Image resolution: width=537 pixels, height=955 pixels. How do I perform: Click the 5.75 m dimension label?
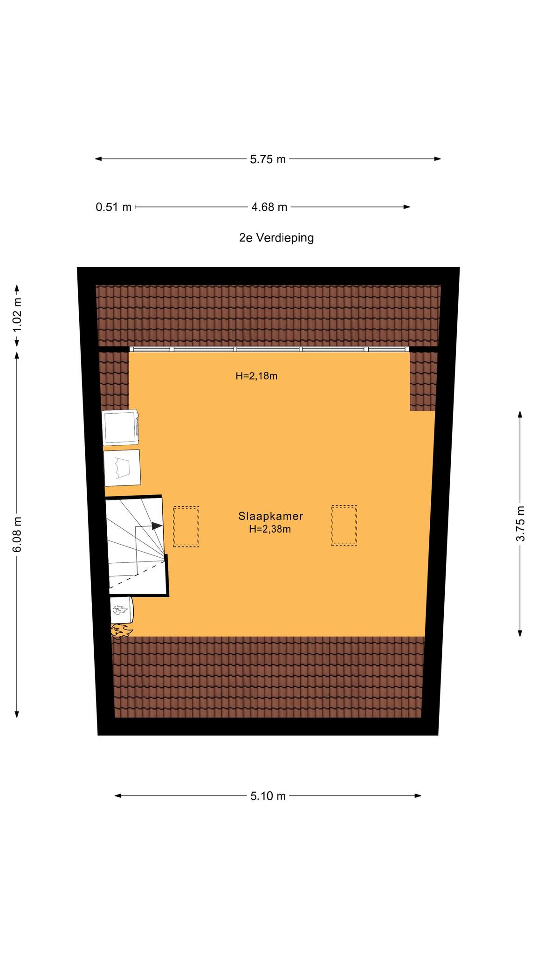click(x=268, y=159)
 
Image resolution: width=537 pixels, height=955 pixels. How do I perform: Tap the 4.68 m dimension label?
click(x=269, y=207)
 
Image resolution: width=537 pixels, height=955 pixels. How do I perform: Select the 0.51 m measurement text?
click(x=114, y=207)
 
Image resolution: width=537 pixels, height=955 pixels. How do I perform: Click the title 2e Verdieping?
click(x=276, y=238)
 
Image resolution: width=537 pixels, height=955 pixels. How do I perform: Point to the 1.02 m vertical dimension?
click(x=17, y=315)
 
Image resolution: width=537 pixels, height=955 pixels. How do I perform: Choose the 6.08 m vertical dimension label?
click(x=17, y=534)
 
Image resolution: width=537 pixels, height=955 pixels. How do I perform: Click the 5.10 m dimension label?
click(x=268, y=796)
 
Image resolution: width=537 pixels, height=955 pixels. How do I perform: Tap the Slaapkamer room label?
click(x=271, y=516)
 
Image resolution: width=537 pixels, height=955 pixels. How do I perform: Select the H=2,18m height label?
click(x=256, y=376)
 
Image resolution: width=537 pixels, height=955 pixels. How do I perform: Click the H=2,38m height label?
click(x=270, y=529)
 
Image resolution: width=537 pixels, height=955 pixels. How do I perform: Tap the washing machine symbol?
click(x=120, y=427)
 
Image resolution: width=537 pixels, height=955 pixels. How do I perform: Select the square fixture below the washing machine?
click(x=122, y=468)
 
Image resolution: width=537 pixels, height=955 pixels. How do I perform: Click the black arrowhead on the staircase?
click(x=157, y=526)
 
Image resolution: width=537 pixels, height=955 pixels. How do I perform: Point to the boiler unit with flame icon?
click(x=122, y=610)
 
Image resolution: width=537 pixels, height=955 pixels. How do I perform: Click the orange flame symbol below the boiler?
click(x=121, y=631)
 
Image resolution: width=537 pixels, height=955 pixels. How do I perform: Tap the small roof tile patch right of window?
click(x=423, y=381)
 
